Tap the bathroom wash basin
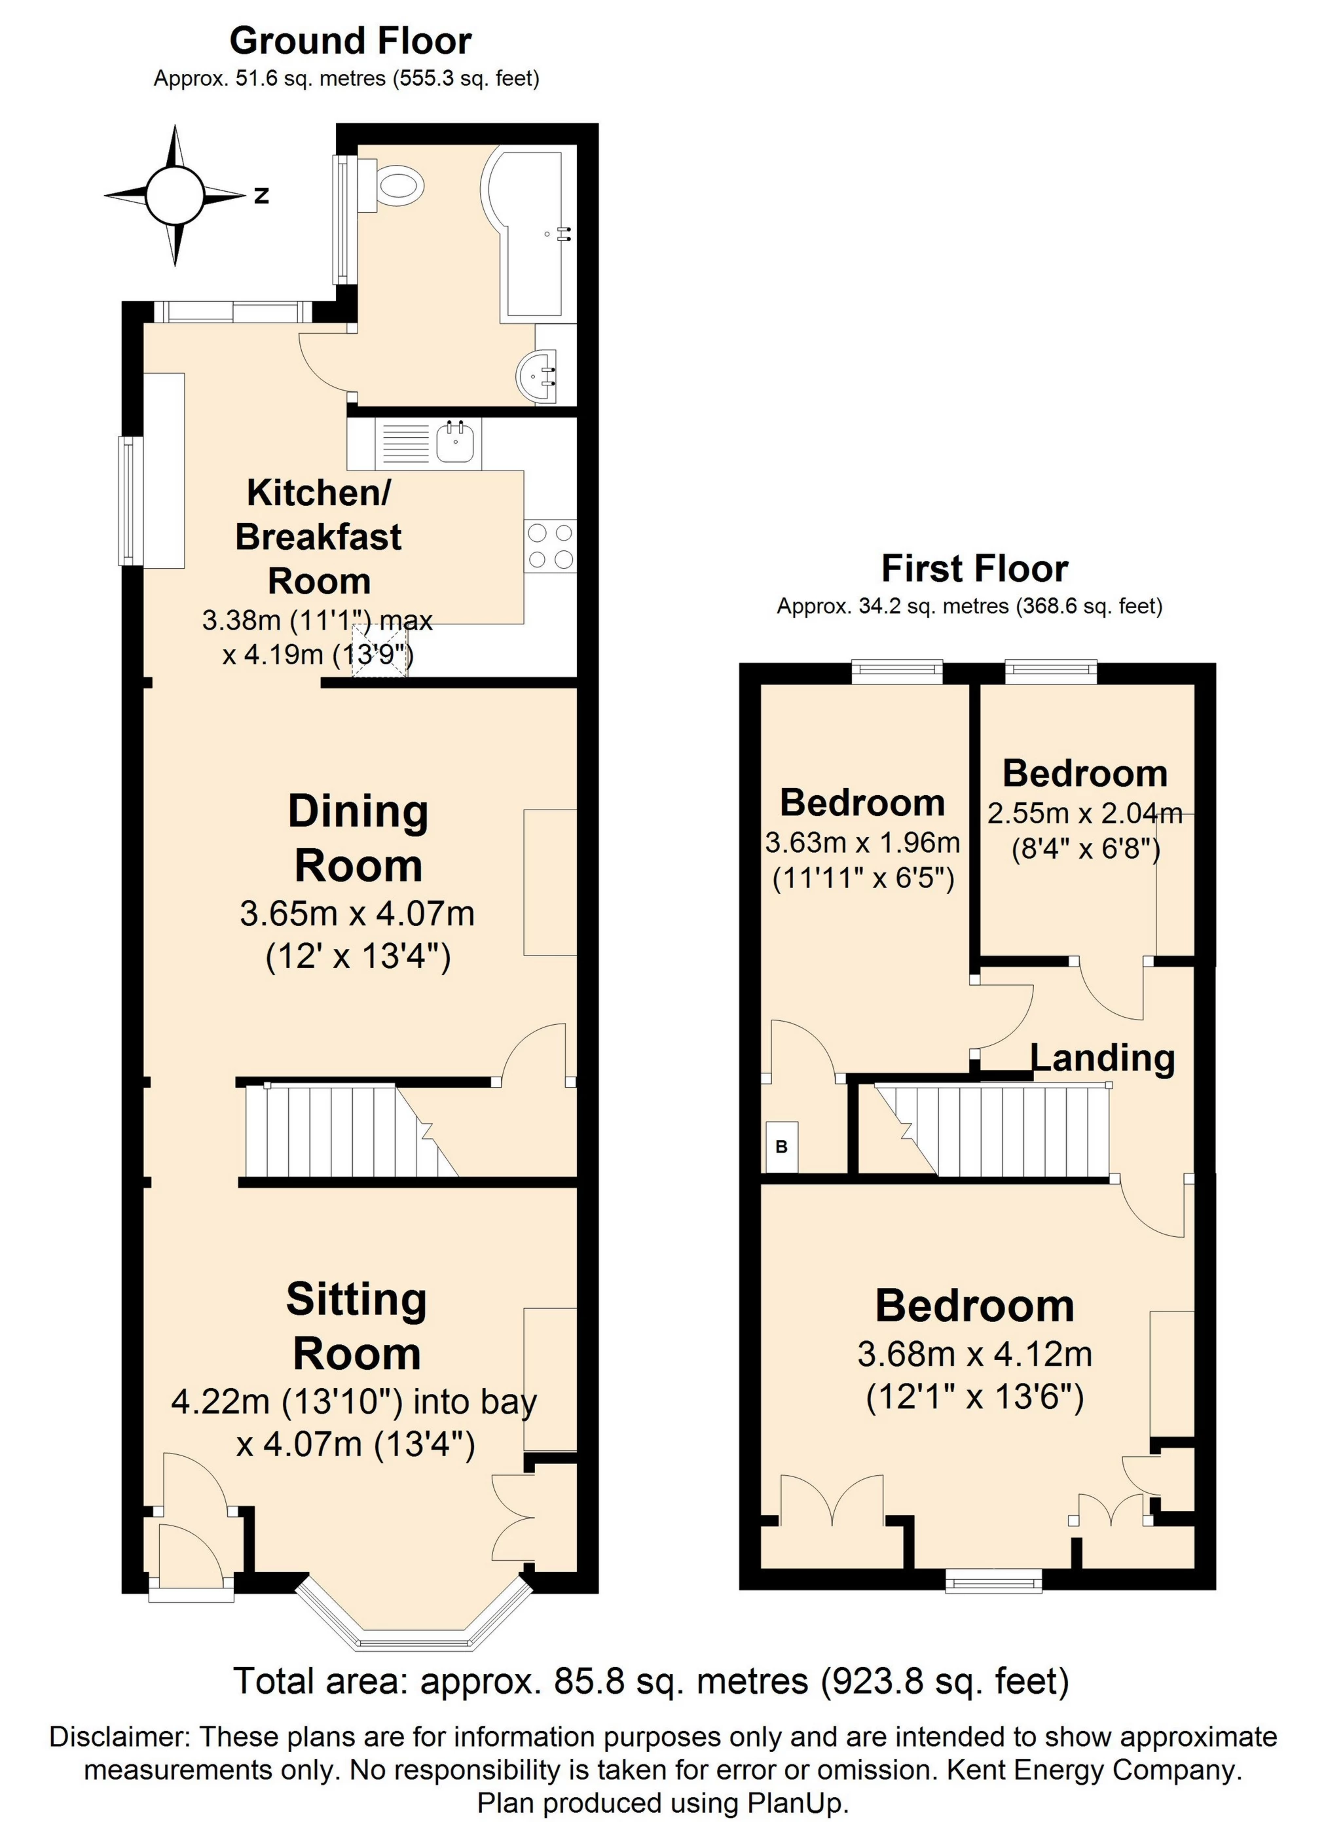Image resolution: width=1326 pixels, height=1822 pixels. coord(537,376)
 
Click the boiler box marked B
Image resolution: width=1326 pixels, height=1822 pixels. coord(781,1147)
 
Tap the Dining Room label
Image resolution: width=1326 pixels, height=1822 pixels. coord(358,838)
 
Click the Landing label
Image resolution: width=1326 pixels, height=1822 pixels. coord(1103,1058)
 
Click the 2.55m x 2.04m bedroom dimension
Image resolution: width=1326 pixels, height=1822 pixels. coord(1084,813)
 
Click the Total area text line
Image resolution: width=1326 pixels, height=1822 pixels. coord(651,1681)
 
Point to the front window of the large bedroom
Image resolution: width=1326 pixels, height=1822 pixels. coord(993,1582)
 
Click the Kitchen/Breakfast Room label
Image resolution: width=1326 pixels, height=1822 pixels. coord(318,537)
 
